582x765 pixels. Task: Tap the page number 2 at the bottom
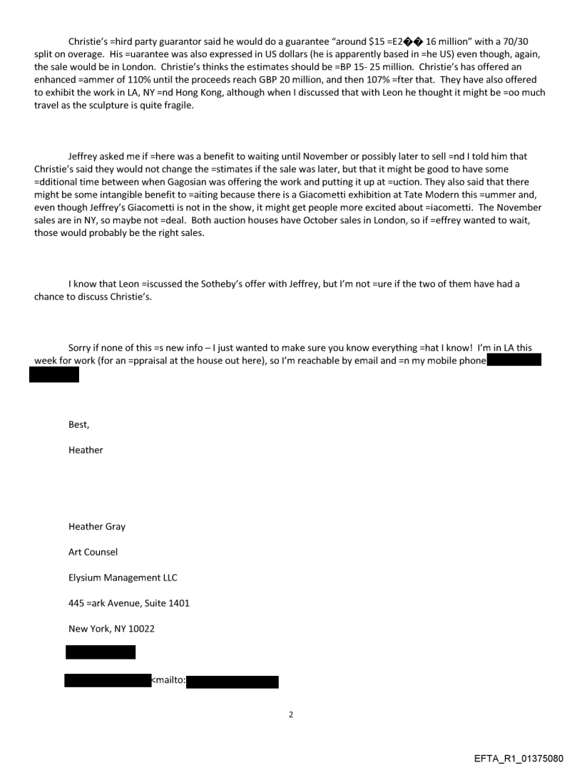(291, 714)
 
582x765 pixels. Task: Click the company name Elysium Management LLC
(123, 577)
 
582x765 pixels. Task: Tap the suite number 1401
(176, 603)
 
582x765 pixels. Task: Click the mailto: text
(168, 681)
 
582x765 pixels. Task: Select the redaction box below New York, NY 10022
(100, 652)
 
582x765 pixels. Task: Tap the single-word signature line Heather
(86, 450)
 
